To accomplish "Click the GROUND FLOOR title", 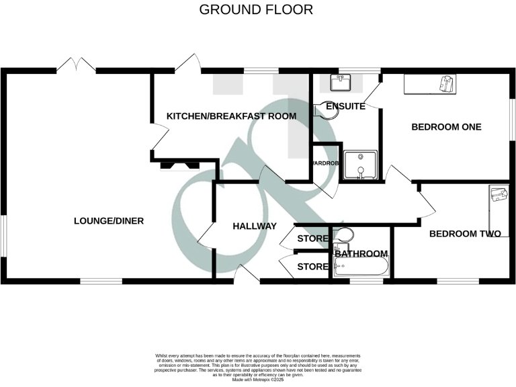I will pyautogui.click(x=256, y=10).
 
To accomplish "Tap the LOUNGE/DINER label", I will pyautogui.click(x=109, y=221).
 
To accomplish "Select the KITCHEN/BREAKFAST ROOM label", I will pyautogui.click(x=231, y=116).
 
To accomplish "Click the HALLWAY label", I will pyautogui.click(x=255, y=226).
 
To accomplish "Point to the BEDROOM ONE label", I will pyautogui.click(x=446, y=127).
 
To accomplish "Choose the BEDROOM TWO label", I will pyautogui.click(x=466, y=234).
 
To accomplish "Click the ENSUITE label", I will pyautogui.click(x=345, y=106).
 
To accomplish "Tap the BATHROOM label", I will pyautogui.click(x=361, y=254).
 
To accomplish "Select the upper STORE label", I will pyautogui.click(x=312, y=239).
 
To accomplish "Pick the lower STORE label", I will pyautogui.click(x=312, y=267).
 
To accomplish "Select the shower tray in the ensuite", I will pyautogui.click(x=360, y=165).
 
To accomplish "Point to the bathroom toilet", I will pyautogui.click(x=343, y=235).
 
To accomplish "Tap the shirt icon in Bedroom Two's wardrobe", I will pyautogui.click(x=498, y=195).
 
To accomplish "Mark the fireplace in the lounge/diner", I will pyautogui.click(x=179, y=165).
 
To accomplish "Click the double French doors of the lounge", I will pyautogui.click(x=76, y=66).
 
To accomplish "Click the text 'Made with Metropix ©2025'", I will pyautogui.click(x=258, y=380).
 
